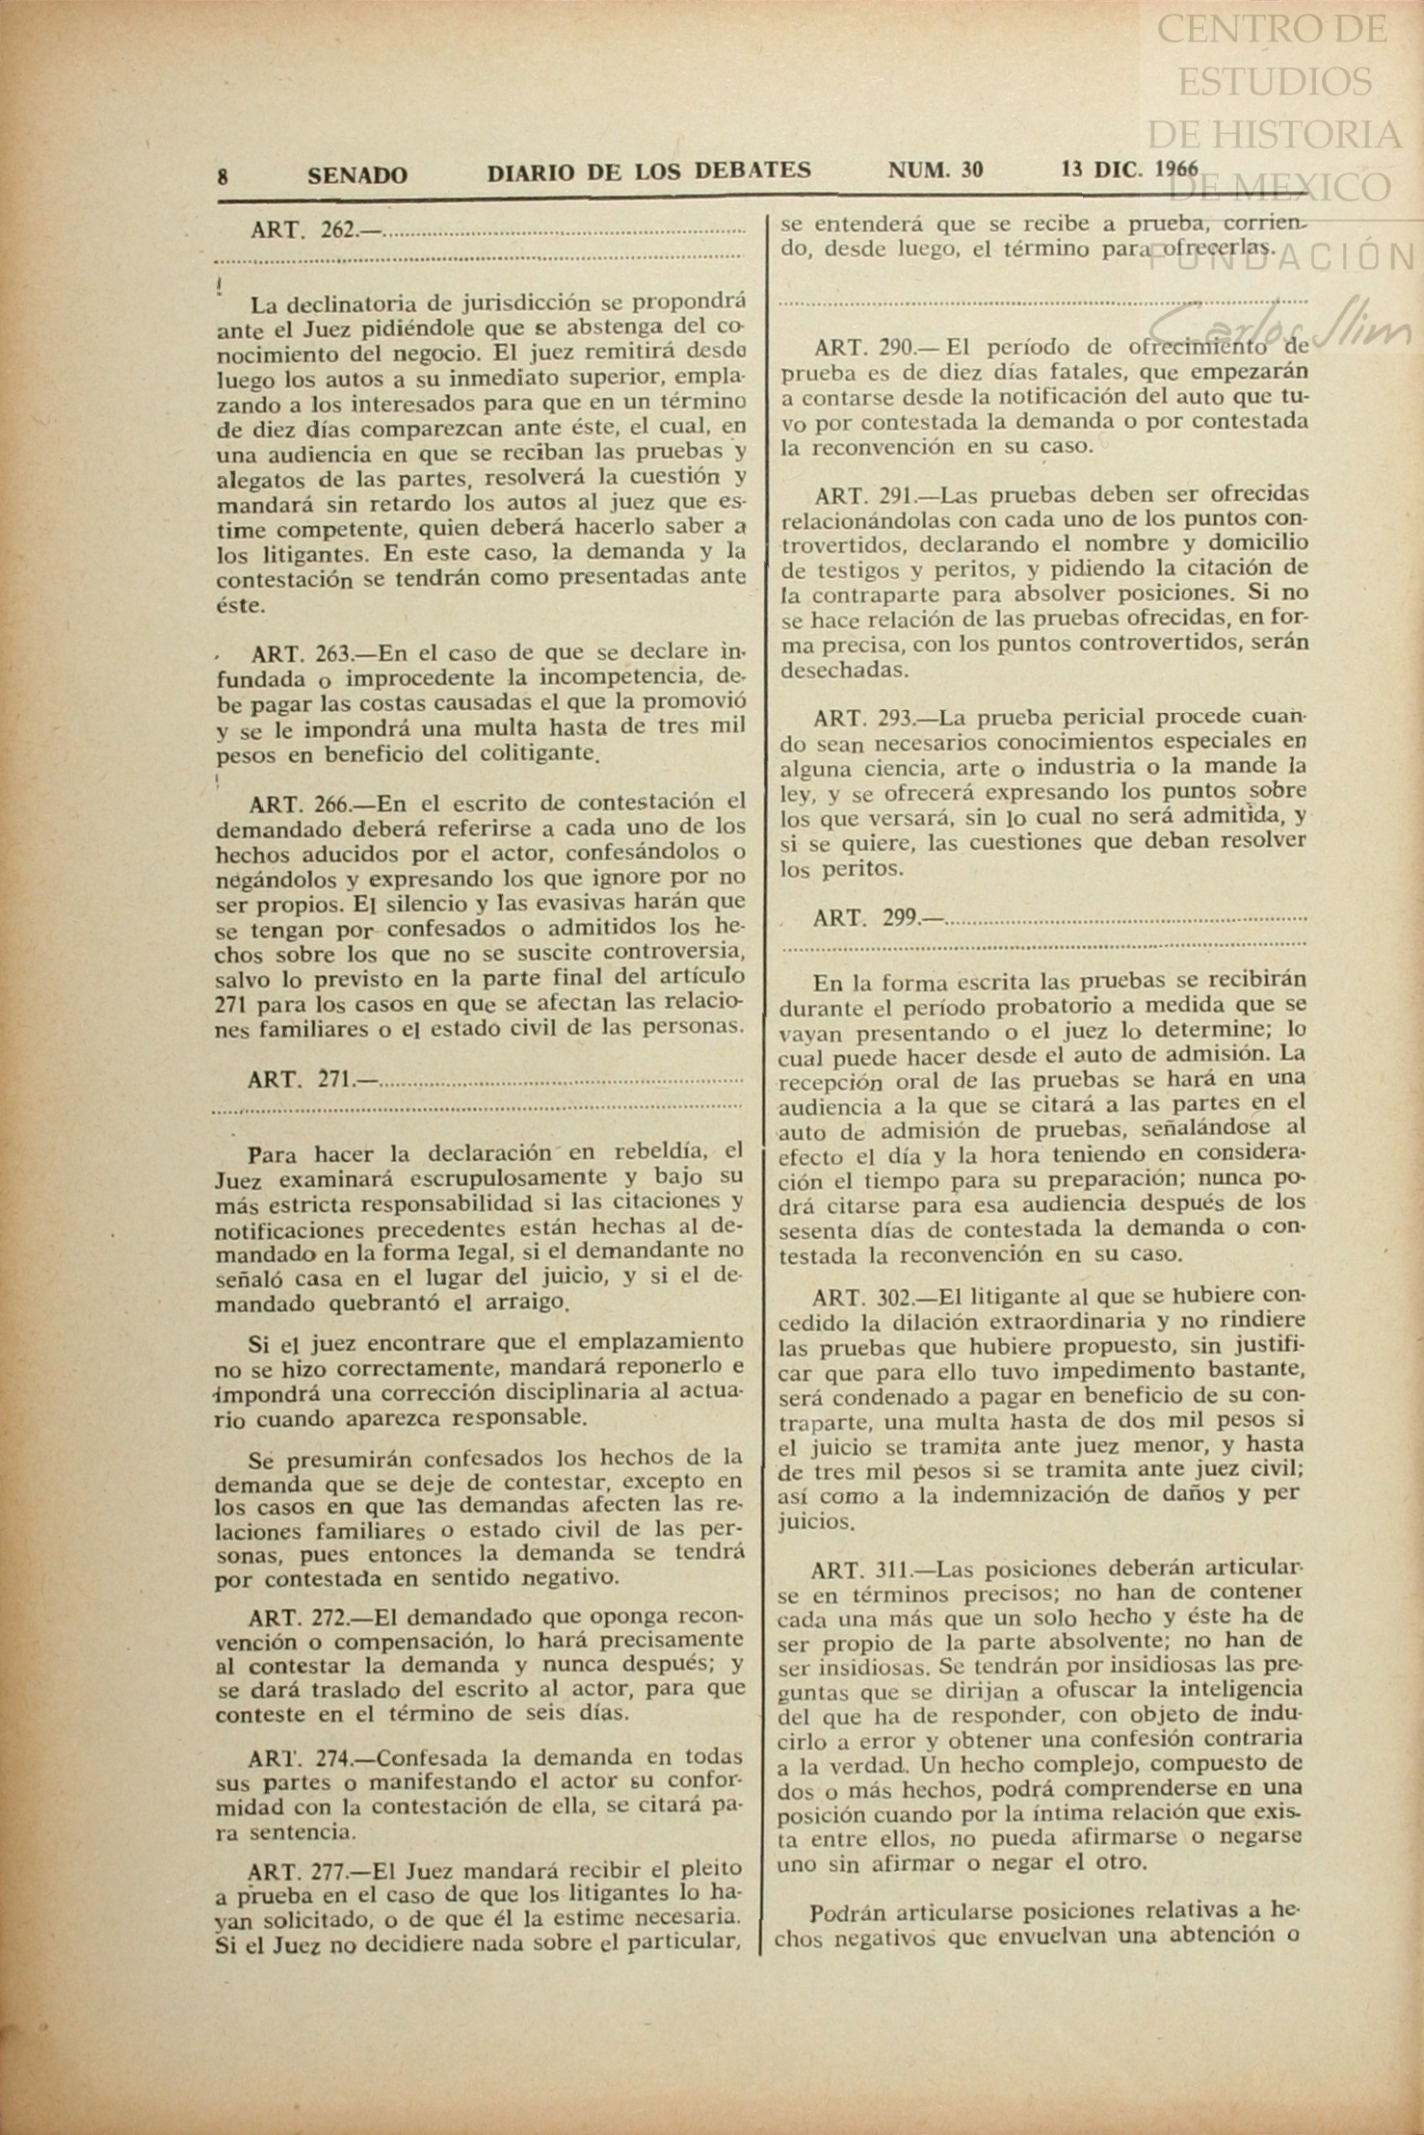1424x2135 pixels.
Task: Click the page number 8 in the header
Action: (x=224, y=175)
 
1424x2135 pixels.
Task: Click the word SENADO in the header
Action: (x=357, y=174)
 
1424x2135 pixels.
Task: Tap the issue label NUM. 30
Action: (x=935, y=171)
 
